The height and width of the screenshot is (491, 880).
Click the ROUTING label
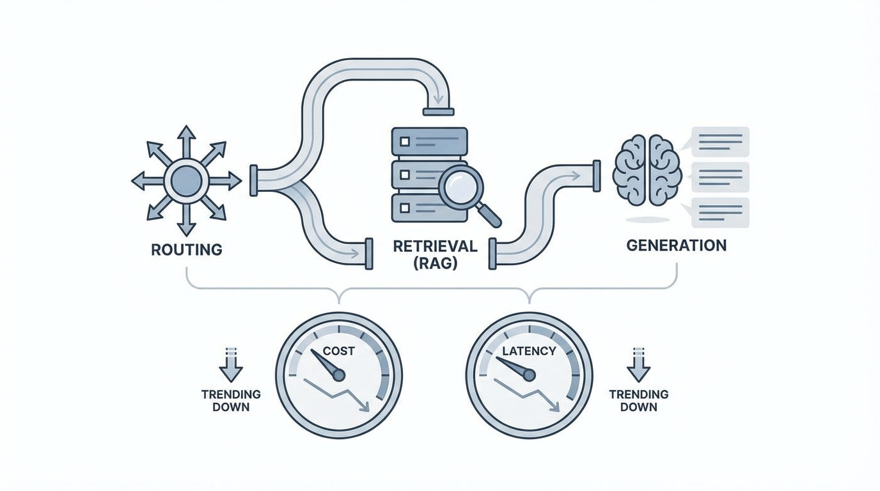point(187,249)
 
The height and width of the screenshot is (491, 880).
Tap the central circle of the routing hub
point(186,181)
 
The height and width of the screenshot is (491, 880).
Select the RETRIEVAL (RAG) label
point(435,254)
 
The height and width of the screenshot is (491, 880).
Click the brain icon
point(644,169)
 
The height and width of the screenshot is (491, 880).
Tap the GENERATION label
point(677,245)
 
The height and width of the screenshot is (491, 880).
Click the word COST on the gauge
point(338,350)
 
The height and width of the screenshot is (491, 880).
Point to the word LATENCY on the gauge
point(529,351)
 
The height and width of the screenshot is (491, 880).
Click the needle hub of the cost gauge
point(338,375)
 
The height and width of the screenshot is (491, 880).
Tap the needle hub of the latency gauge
point(528,375)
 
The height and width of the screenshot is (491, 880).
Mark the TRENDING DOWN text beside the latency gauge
point(638,400)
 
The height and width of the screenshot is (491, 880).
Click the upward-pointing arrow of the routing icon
point(186,136)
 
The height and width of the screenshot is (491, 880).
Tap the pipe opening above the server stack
point(438,111)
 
